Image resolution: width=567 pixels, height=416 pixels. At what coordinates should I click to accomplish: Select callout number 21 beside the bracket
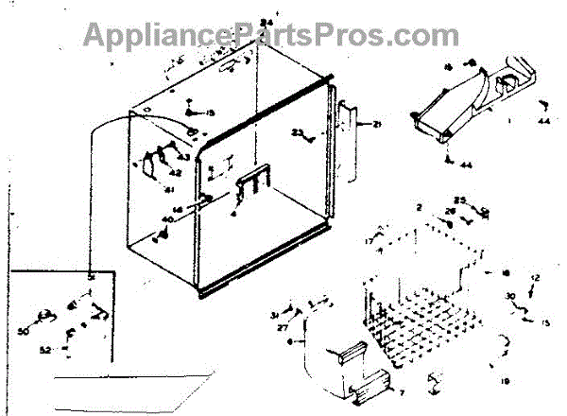point(376,124)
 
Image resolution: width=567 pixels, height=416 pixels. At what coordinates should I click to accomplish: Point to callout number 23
point(296,132)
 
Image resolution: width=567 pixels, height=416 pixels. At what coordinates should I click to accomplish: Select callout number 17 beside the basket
point(369,243)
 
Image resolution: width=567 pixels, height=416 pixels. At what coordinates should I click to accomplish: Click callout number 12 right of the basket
point(534,277)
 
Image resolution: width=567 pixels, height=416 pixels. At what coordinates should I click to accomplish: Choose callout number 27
point(282,326)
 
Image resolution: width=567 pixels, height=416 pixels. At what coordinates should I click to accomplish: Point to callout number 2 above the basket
point(418,206)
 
